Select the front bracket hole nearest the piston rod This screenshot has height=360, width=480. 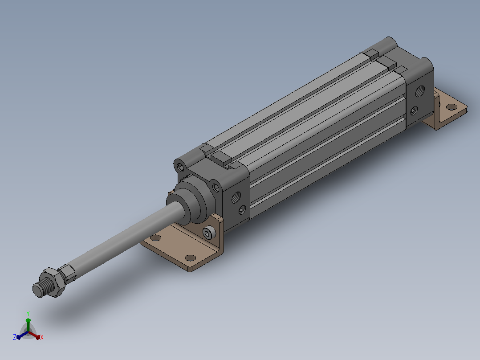[155, 238]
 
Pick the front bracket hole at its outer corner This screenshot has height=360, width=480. [191, 258]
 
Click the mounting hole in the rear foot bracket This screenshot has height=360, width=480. [452, 107]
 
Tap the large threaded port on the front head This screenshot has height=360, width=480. [236, 197]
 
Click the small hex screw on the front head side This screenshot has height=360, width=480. [242, 210]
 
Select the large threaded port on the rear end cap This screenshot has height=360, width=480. [420, 91]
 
